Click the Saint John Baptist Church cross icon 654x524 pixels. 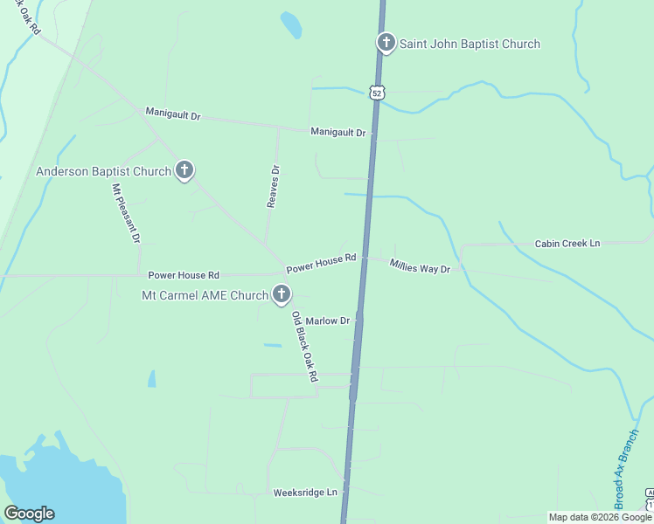click(x=386, y=43)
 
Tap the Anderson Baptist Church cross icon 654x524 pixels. click(x=184, y=170)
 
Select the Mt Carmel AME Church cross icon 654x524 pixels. click(x=281, y=294)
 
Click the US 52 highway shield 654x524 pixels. click(x=376, y=92)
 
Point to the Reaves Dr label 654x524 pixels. click(x=273, y=186)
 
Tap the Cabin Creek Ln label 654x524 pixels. click(x=567, y=244)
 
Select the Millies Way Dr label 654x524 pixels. click(x=420, y=267)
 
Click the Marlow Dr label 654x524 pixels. click(x=327, y=321)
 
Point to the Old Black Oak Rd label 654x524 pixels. click(x=304, y=348)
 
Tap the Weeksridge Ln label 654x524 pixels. click(x=304, y=493)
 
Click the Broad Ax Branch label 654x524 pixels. click(x=622, y=464)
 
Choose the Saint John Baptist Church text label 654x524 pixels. click(x=470, y=44)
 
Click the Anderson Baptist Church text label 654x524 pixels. click(x=103, y=171)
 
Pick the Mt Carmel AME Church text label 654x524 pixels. click(x=205, y=295)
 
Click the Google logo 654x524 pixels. click(x=29, y=514)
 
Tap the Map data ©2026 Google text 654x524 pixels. click(x=601, y=517)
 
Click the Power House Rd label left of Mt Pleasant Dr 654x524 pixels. click(x=184, y=275)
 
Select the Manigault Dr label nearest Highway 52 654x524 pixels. click(x=337, y=132)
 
